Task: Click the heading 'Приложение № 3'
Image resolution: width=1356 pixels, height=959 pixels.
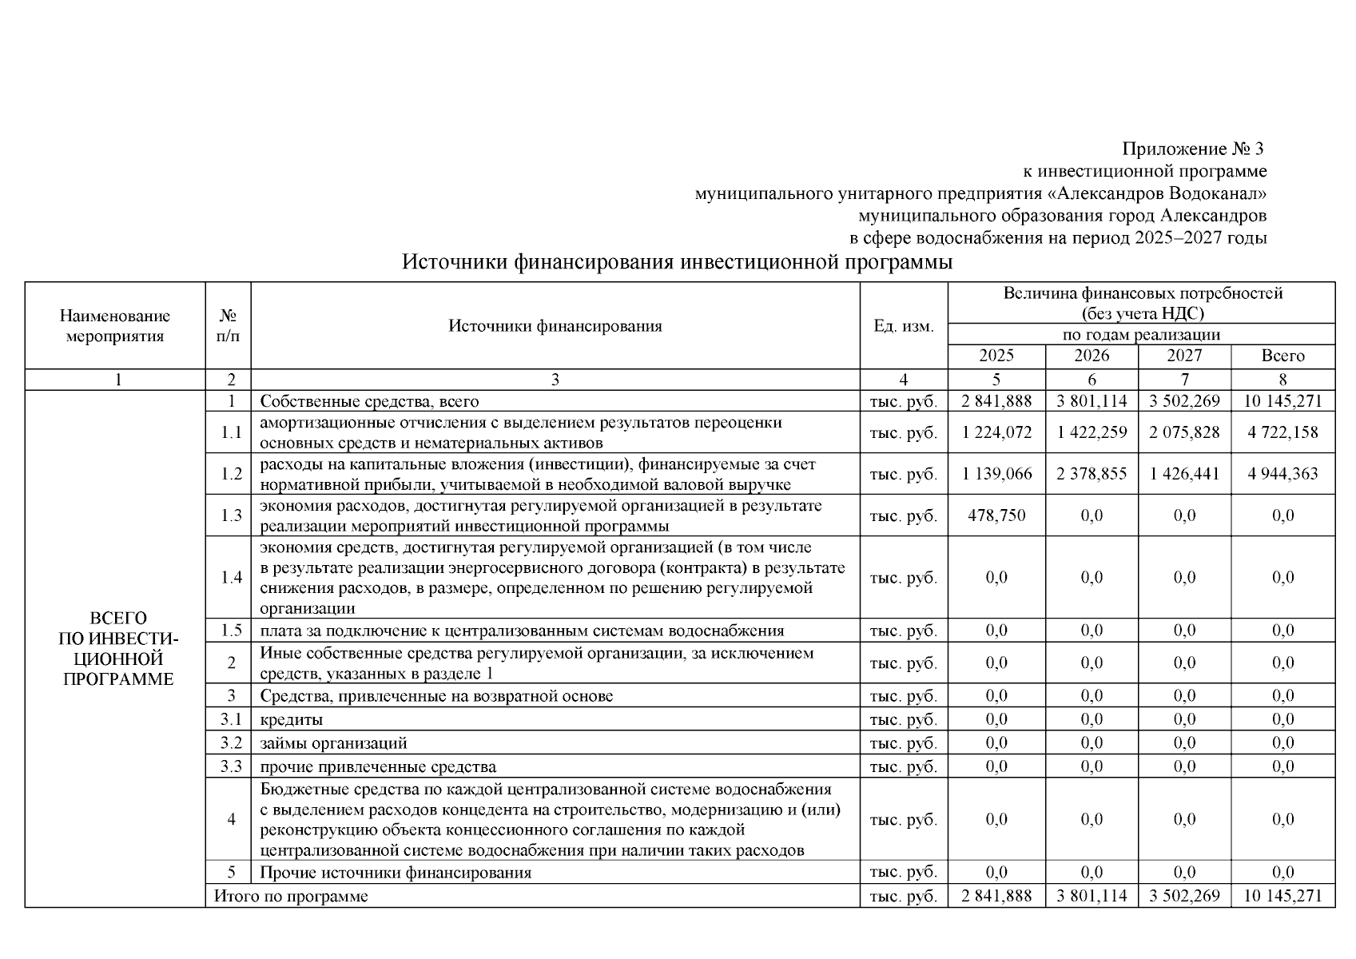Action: tap(1194, 149)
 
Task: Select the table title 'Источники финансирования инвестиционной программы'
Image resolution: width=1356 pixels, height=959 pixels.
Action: tap(677, 263)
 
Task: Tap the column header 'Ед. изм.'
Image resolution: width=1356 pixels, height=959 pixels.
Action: tap(903, 326)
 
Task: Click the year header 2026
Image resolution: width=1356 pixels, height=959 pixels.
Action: tap(1092, 356)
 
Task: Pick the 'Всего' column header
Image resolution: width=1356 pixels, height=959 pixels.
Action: tap(1282, 356)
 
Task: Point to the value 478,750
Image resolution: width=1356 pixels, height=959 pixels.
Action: tap(996, 515)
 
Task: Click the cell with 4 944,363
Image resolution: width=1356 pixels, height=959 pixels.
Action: tap(1282, 474)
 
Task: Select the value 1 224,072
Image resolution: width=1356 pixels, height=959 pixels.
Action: tap(996, 432)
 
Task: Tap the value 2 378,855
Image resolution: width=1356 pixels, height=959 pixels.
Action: tap(1092, 474)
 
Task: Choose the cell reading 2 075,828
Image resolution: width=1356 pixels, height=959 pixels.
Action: tap(1184, 432)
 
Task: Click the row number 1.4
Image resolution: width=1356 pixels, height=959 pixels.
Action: tap(231, 578)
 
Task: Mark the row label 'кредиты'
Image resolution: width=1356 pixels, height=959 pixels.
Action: tap(292, 720)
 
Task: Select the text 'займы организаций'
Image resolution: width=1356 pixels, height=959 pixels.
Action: tap(333, 743)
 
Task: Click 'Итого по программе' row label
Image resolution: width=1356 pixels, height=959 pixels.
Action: tap(291, 897)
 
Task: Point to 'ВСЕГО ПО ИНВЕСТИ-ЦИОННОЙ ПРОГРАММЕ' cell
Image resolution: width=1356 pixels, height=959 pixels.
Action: tap(117, 649)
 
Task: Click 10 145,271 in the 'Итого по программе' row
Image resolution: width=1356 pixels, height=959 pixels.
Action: tap(1282, 897)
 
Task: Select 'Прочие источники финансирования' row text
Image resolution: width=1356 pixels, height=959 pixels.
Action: tap(396, 873)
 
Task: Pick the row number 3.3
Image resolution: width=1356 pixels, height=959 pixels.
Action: tap(231, 767)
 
